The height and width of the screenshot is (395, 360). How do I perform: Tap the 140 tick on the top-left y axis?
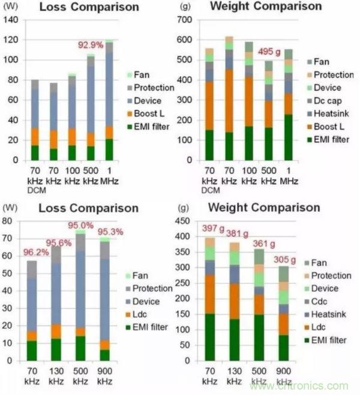tap(11, 20)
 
